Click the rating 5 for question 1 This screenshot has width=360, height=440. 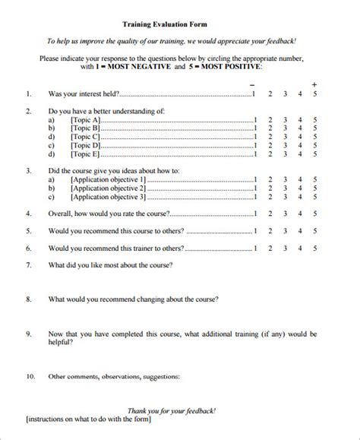point(315,93)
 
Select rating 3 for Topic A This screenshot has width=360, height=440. point(285,120)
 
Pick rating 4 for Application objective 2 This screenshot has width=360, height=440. point(300,188)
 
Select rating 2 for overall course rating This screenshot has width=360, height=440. point(270,214)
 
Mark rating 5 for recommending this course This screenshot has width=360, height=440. point(315,231)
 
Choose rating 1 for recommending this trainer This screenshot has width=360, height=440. point(255,248)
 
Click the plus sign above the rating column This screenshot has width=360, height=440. point(315,82)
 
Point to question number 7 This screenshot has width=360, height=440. point(29,265)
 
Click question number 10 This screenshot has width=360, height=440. point(30,375)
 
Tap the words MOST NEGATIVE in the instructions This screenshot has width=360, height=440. point(136,67)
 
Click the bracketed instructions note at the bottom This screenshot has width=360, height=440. point(88,419)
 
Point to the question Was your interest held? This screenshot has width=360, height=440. point(84,93)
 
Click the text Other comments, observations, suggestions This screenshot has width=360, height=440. point(114,375)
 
